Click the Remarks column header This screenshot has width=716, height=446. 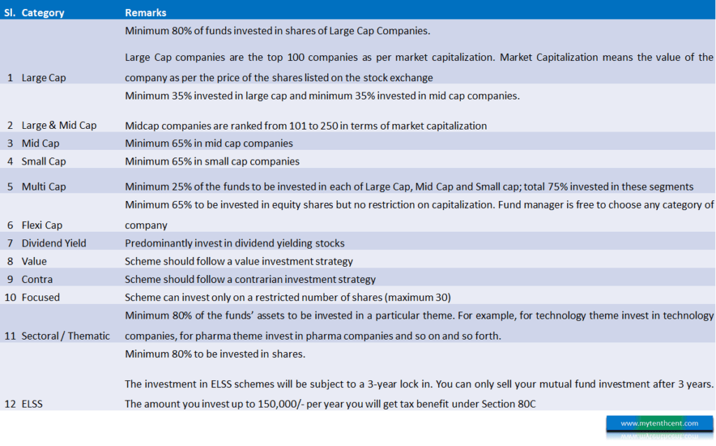[x=145, y=13]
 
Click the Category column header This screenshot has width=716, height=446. [x=43, y=13]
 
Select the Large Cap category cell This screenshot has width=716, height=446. [x=43, y=78]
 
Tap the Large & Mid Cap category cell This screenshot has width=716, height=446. [x=59, y=125]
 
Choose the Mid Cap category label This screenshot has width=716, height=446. [x=41, y=143]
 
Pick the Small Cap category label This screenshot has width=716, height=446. [x=43, y=161]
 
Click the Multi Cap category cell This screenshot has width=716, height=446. [x=43, y=186]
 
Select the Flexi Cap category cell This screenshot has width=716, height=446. [x=42, y=225]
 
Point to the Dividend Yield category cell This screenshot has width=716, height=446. [x=54, y=243]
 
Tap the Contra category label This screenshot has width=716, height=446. [x=38, y=279]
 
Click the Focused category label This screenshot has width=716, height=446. [x=41, y=297]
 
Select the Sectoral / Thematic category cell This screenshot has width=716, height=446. [x=66, y=336]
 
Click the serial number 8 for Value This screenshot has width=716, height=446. [x=10, y=261]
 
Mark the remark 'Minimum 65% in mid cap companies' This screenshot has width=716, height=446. [x=208, y=143]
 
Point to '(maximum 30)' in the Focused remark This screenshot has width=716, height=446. [x=422, y=297]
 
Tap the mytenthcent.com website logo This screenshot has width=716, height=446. [x=659, y=424]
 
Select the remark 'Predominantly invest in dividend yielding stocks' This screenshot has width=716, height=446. [x=235, y=243]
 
